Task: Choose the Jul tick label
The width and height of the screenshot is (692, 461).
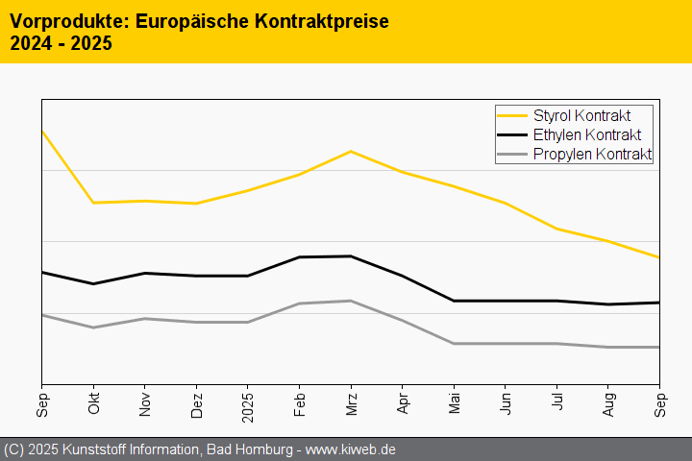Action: pyautogui.click(x=556, y=402)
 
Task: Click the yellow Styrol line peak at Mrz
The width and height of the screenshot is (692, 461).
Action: pyautogui.click(x=351, y=152)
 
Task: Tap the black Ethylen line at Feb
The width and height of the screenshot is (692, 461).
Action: pyautogui.click(x=299, y=257)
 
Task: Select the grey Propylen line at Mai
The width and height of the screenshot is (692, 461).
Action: pyautogui.click(x=454, y=343)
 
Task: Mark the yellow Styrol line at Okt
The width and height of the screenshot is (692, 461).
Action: pyautogui.click(x=93, y=203)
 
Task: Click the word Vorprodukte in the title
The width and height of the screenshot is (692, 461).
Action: pyautogui.click(x=64, y=20)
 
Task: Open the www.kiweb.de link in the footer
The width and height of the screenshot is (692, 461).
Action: pyautogui.click(x=351, y=449)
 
